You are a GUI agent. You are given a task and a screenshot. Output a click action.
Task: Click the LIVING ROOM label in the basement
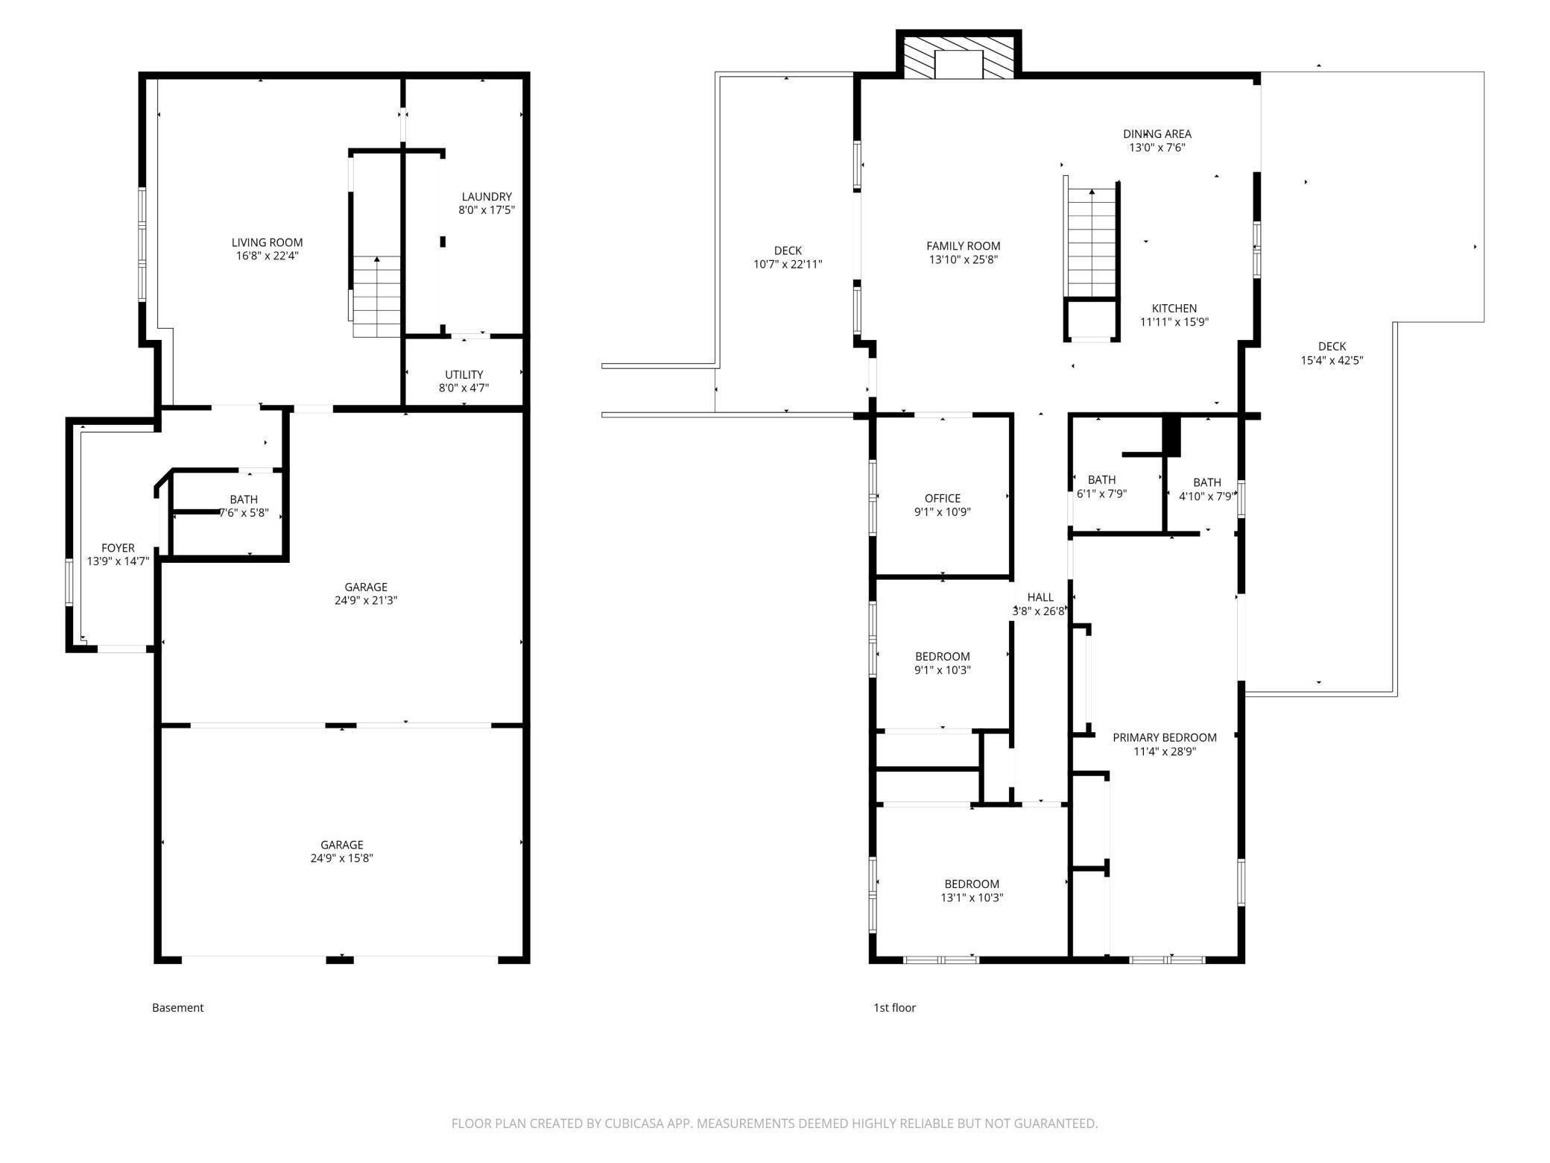click(x=267, y=242)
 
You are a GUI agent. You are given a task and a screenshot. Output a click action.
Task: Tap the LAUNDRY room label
click(x=487, y=197)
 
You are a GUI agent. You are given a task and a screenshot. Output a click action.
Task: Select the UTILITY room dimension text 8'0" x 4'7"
click(x=464, y=388)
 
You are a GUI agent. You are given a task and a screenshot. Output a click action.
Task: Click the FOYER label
click(x=118, y=548)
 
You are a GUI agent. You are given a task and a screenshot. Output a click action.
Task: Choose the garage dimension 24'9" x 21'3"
click(x=366, y=600)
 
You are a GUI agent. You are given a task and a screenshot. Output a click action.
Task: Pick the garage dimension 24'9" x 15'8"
click(x=342, y=858)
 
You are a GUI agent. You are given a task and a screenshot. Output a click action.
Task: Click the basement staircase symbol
click(x=377, y=296)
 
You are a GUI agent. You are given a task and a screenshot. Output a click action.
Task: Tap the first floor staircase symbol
click(x=1092, y=242)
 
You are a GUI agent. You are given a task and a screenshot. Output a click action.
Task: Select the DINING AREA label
click(x=1157, y=134)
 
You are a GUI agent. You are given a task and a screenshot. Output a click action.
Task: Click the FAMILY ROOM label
click(x=963, y=246)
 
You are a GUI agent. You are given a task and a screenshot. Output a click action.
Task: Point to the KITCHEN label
click(x=1174, y=309)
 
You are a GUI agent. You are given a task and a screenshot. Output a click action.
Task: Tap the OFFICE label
click(x=943, y=498)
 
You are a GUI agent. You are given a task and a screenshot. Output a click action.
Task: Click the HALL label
click(x=1040, y=597)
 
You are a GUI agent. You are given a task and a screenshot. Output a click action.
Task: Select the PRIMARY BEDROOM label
click(x=1165, y=737)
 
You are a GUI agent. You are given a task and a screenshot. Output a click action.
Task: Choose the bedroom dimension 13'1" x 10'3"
click(x=972, y=898)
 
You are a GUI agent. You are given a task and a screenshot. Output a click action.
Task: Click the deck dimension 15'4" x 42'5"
click(x=1332, y=360)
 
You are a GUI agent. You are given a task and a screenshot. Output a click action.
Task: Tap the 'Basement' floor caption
click(x=177, y=1008)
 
